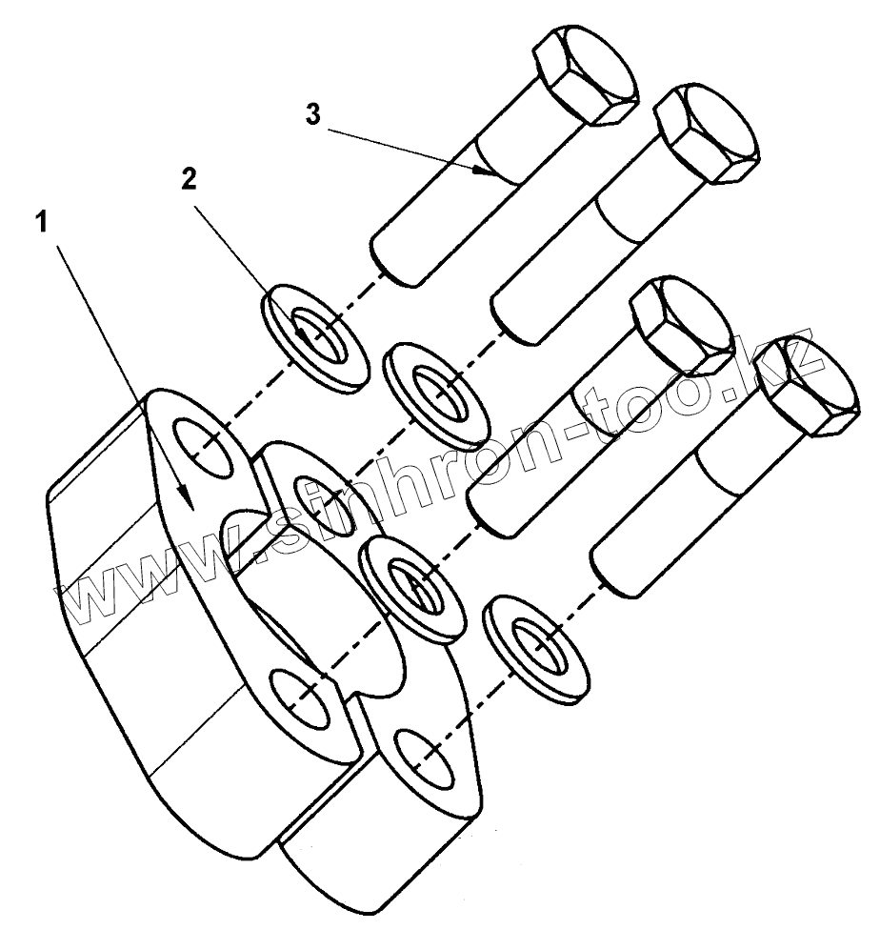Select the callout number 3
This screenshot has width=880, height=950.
coord(312,113)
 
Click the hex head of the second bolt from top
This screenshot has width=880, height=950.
coord(705,133)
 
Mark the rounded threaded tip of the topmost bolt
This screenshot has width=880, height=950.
coord(392,257)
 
